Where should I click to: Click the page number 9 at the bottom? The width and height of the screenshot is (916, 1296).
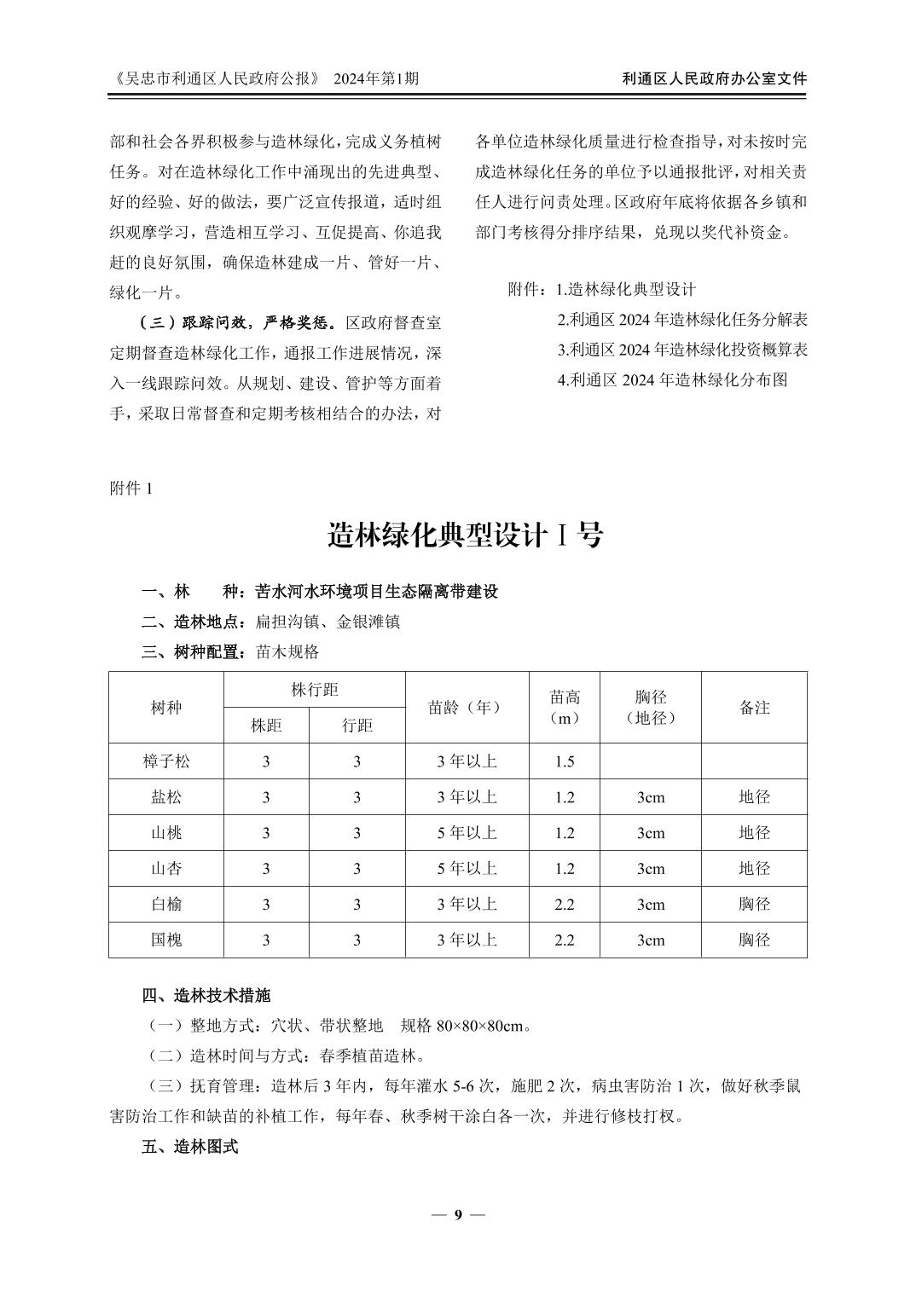tap(458, 1214)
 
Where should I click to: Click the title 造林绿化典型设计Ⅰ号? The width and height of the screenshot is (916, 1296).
tap(466, 535)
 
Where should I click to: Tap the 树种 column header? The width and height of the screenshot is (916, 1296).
tap(166, 707)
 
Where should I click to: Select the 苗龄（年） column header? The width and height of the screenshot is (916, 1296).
tap(466, 707)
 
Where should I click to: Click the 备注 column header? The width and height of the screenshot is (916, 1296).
tap(754, 707)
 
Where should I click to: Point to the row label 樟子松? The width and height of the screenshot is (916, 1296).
tap(166, 761)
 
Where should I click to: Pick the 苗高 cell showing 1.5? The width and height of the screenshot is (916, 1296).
tap(565, 761)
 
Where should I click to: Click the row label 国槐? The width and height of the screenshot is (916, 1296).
tap(166, 940)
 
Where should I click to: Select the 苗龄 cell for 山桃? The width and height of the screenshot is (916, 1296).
tap(466, 833)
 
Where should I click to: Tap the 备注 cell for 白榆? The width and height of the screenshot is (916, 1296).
tap(754, 904)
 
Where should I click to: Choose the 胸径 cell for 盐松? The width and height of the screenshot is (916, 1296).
tap(651, 797)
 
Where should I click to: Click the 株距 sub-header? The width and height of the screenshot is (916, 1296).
tap(266, 726)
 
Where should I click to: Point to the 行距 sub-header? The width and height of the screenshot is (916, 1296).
tap(357, 726)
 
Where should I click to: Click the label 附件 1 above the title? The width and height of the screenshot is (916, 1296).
tap(130, 488)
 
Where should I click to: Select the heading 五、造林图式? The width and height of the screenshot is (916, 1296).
tap(190, 1147)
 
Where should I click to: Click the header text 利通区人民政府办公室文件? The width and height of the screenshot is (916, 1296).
tap(715, 78)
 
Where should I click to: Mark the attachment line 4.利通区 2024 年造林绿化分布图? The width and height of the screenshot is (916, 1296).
tap(672, 380)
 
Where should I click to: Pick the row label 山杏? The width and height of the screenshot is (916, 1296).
tap(166, 869)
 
